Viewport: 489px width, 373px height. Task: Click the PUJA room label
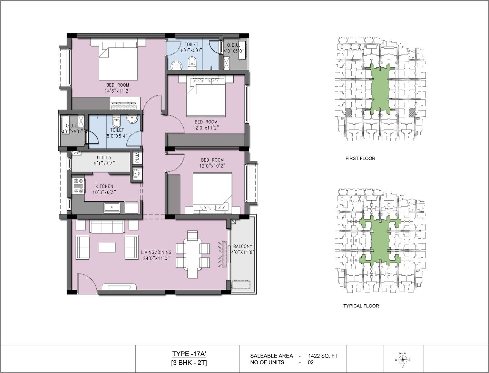[x=137, y=157]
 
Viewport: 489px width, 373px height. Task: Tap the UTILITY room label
[x=104, y=157]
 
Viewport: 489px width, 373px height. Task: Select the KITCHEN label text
[x=104, y=186]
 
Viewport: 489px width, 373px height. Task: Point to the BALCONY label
[x=243, y=246]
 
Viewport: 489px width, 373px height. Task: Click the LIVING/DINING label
[x=156, y=252]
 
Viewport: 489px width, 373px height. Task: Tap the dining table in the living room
[x=193, y=255]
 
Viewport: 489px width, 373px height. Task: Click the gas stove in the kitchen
[x=78, y=185]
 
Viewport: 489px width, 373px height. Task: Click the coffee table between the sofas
[x=107, y=247]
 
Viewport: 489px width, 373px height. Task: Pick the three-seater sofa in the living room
[x=107, y=227]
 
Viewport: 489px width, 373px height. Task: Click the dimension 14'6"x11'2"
[x=117, y=90]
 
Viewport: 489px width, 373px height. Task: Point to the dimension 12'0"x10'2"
[x=212, y=166]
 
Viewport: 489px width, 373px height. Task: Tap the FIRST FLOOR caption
[x=360, y=159]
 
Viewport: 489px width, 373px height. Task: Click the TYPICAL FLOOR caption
[x=361, y=306]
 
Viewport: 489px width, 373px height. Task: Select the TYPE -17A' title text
[x=189, y=354]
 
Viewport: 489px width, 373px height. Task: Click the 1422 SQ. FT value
[x=323, y=356]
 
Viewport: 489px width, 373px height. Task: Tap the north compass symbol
[x=403, y=360]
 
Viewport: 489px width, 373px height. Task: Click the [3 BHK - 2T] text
[x=189, y=363]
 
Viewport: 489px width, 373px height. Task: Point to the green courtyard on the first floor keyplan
[x=380, y=89]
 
